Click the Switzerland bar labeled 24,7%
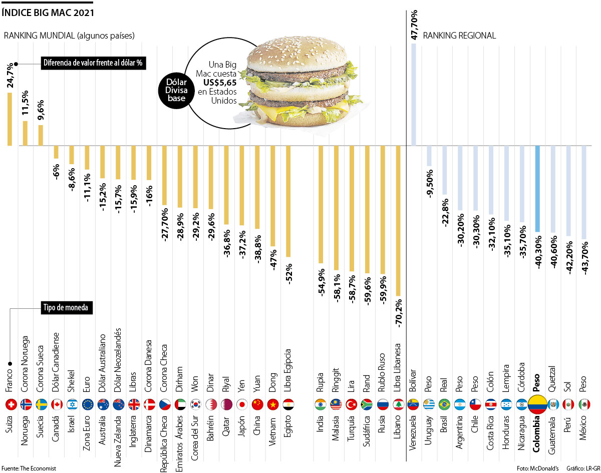point(10,119)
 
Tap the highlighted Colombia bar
point(537,189)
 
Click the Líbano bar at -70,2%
point(398,221)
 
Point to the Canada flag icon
point(57,404)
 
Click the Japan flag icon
point(242,404)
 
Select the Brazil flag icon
point(444,404)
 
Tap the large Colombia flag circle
point(537,404)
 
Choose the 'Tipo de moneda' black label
point(66,308)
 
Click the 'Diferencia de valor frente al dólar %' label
point(93,64)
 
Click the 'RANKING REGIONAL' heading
point(459,36)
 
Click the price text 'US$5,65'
point(218,83)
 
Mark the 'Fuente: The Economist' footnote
point(30,468)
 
